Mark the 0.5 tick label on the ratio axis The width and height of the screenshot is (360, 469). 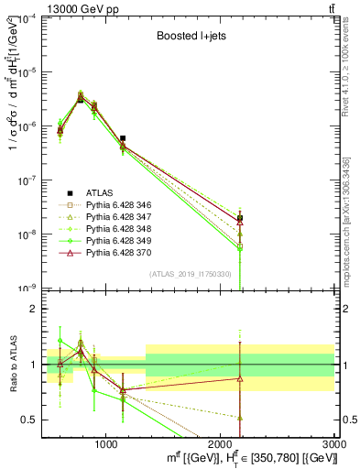point(28,420)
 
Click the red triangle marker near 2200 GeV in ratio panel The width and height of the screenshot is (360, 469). point(240,378)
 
